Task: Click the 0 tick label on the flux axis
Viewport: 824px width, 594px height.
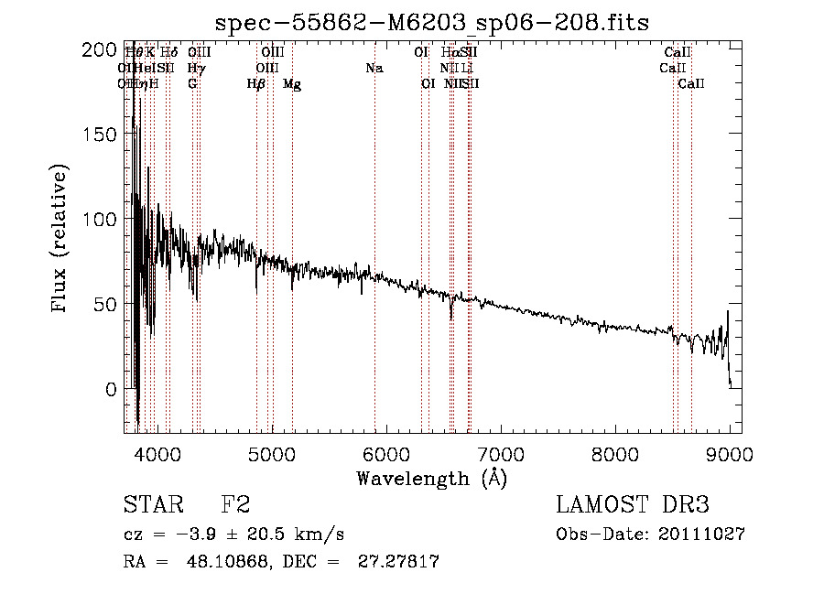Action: coord(112,389)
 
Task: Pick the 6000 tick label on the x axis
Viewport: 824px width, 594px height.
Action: coord(386,453)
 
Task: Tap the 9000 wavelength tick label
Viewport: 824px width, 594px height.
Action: coord(730,453)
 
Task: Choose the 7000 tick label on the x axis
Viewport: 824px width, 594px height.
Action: coord(501,453)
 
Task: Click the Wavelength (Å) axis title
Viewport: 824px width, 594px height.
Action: coord(432,478)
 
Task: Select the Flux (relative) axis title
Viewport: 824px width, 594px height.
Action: coord(60,241)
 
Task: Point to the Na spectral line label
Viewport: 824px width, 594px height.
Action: coord(374,68)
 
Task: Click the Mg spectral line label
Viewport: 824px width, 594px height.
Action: coord(292,84)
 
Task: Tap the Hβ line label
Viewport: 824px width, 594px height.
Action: coord(256,84)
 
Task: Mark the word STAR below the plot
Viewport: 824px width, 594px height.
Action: coord(152,506)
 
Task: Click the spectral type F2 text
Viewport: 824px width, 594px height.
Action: coord(236,506)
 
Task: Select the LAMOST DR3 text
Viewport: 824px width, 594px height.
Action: coord(633,506)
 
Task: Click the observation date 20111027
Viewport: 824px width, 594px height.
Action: coord(706,535)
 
